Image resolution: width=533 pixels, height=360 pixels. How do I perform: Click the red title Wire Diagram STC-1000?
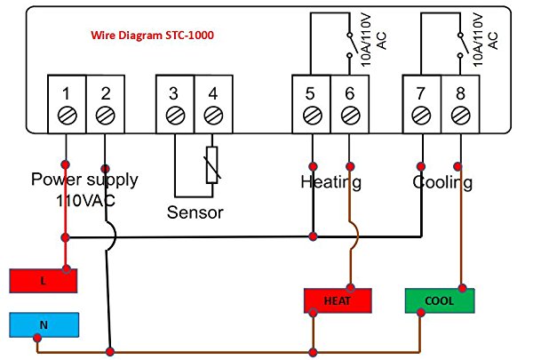(152, 35)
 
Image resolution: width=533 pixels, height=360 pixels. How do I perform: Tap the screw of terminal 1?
(67, 116)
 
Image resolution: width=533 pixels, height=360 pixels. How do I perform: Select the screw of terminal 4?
(213, 116)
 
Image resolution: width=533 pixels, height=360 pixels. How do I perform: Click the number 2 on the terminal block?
(106, 93)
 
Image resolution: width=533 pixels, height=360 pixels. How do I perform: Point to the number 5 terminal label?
(310, 93)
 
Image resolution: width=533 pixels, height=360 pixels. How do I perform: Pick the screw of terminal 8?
(460, 116)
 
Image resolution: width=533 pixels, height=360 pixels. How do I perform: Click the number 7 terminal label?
(421, 93)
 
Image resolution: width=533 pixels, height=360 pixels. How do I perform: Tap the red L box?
(44, 281)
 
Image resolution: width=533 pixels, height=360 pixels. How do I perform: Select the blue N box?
(44, 325)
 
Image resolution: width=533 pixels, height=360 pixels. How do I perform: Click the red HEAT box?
(338, 300)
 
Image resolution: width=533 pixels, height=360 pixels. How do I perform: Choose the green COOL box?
(440, 300)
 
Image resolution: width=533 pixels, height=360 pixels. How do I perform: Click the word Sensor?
(195, 212)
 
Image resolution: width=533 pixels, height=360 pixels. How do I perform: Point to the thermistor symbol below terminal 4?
(212, 165)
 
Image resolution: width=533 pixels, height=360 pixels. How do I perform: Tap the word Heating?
(330, 182)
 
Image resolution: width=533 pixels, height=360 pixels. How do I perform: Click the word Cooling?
(442, 182)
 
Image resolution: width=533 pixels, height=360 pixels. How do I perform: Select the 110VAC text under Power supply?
(85, 201)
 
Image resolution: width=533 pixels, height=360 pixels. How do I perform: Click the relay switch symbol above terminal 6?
(351, 45)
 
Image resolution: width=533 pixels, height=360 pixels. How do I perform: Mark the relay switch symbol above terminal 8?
(462, 45)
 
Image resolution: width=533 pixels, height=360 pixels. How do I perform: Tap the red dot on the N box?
(37, 338)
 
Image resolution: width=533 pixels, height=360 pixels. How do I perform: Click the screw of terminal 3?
(175, 116)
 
